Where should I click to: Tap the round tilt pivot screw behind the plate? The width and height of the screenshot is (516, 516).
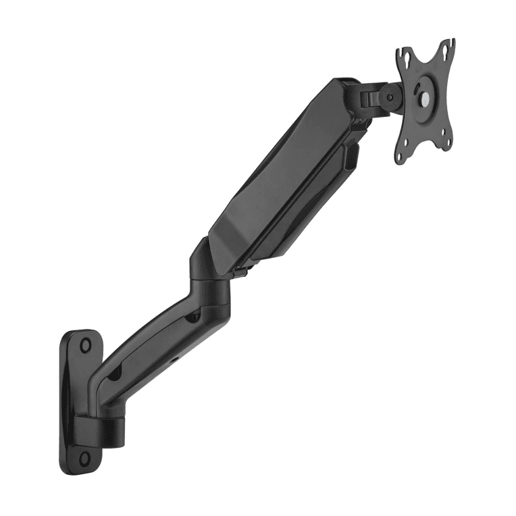coord(390,96)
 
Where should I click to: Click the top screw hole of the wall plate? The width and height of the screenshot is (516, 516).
coord(86,345)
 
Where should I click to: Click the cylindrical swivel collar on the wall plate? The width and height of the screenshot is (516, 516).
coord(100,428)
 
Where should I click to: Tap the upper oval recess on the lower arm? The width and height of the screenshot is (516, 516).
coord(192,314)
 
